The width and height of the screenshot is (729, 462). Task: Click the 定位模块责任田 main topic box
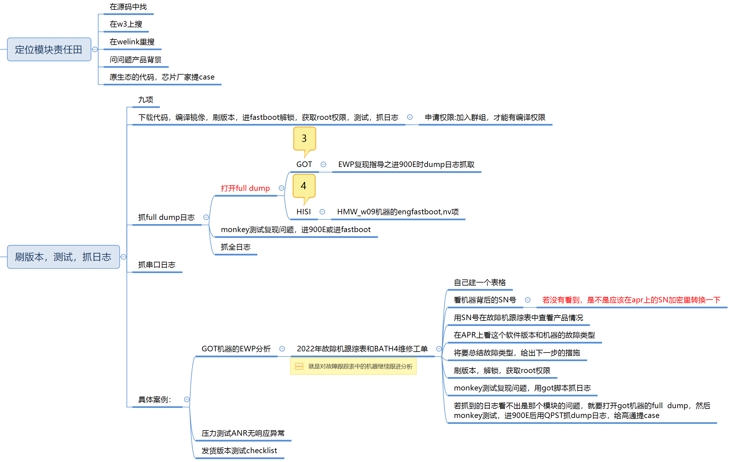point(49,50)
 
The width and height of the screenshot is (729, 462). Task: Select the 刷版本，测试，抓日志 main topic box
point(63,257)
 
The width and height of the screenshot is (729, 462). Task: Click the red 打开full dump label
point(245,188)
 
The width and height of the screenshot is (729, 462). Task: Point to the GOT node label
point(304,164)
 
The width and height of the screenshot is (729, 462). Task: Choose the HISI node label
point(303,212)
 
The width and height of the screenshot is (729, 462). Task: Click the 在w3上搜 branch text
point(126,24)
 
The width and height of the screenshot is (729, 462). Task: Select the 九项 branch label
point(146,100)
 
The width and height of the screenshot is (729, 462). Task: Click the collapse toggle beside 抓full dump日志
point(206,217)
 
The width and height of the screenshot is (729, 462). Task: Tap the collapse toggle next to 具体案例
point(187,399)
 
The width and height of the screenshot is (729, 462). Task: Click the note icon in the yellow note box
point(299,366)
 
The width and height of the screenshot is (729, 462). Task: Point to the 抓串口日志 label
point(157,265)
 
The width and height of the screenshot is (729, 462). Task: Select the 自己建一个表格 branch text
point(480,283)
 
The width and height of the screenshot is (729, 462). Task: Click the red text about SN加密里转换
point(631,300)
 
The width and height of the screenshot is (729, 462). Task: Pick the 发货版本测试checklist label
point(239,450)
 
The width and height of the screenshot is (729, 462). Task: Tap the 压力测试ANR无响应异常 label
point(243,433)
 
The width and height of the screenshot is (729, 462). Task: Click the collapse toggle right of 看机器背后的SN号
point(528,300)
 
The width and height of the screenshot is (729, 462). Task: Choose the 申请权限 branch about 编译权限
point(485,117)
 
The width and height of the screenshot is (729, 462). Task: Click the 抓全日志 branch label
point(236,247)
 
